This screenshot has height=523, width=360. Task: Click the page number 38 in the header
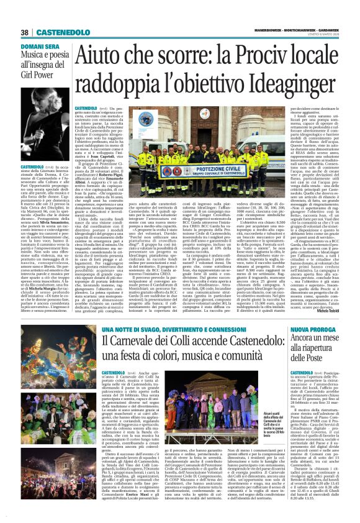point(25,32)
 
